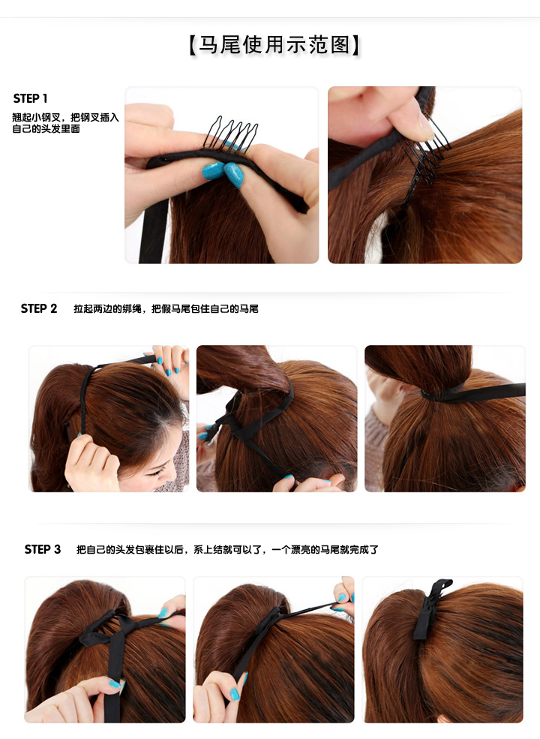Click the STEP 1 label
tap(31, 99)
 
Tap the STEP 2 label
tap(39, 308)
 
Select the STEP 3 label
tap(43, 549)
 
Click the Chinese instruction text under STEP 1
tap(65, 123)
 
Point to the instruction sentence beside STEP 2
tap(166, 308)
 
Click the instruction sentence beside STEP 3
tap(227, 549)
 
